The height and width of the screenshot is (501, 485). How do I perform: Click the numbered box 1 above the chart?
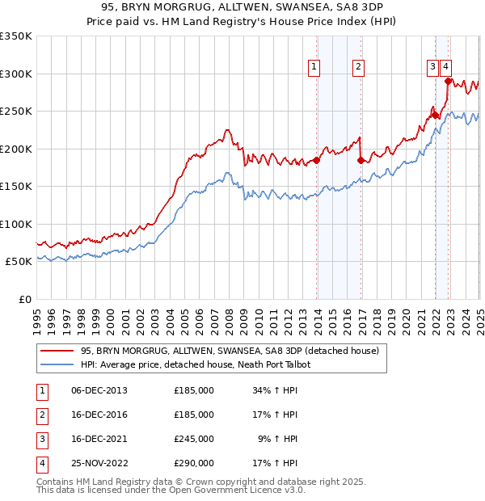313,68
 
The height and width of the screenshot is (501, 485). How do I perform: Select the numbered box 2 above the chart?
357,68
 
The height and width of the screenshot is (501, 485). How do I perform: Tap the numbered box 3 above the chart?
433,68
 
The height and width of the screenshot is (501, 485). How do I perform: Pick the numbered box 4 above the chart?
446,68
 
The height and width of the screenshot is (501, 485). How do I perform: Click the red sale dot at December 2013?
316,160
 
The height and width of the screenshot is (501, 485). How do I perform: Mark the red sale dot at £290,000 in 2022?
448,81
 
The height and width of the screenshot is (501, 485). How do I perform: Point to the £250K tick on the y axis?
16,112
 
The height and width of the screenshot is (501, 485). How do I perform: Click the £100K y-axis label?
16,224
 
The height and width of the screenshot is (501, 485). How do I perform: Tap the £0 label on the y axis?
23,299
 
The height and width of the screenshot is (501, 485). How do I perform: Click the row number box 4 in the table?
40,464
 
